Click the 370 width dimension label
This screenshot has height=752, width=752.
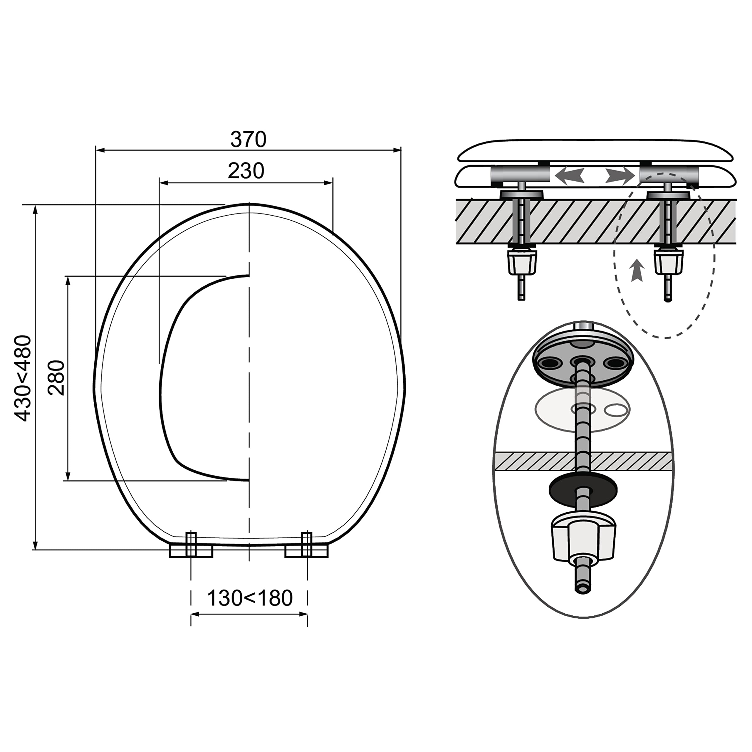(248, 139)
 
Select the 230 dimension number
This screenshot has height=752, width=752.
(246, 171)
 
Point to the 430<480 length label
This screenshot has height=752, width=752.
(23, 378)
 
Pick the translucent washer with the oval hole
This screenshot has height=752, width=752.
(583, 412)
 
